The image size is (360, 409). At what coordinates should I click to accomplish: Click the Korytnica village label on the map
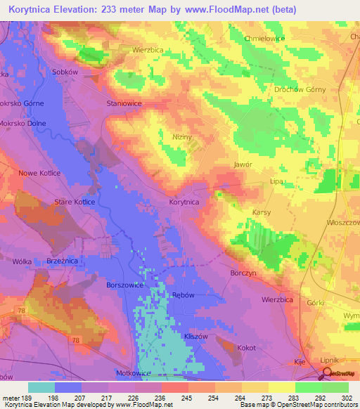[x=184, y=202]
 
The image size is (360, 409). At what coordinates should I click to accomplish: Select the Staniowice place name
[x=124, y=103]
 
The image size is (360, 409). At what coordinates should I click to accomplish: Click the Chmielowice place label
[x=264, y=39]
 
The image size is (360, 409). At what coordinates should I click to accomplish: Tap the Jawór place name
[x=243, y=164]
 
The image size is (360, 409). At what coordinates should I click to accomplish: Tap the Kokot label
[x=246, y=348]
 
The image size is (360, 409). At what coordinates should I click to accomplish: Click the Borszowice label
[x=125, y=286]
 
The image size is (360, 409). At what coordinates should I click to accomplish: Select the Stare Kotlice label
[x=75, y=202]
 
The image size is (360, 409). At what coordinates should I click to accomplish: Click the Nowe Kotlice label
[x=39, y=173]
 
